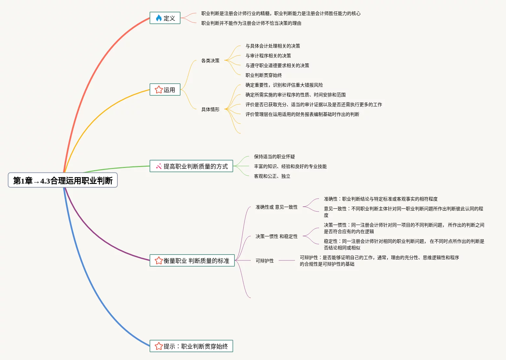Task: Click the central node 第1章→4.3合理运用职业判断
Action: (63, 180)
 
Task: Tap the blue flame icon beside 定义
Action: (159, 18)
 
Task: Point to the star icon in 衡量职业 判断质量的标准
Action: (159, 261)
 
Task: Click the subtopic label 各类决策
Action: (210, 61)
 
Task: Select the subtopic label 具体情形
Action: (210, 109)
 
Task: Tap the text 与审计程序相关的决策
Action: (268, 56)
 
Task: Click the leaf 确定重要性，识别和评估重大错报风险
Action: (284, 85)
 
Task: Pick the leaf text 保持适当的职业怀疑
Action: (274, 157)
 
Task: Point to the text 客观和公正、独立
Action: (272, 176)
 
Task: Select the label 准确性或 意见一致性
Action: (276, 207)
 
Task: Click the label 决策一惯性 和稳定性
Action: (276, 236)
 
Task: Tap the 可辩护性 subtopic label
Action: (264, 261)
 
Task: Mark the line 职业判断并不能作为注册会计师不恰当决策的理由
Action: (251, 23)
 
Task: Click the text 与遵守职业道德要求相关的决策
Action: (277, 65)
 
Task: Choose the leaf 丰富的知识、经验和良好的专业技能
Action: (290, 166)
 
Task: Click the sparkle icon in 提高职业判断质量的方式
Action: (159, 166)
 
